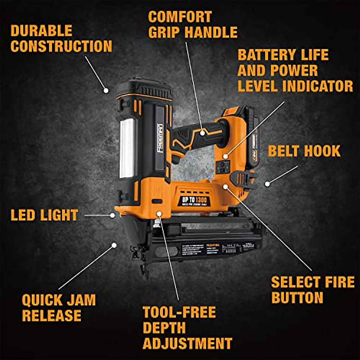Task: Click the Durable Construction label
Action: [x=61, y=39]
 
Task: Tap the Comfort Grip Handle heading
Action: [x=193, y=25]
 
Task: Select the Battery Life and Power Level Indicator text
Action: [x=295, y=71]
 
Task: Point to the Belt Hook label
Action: [x=304, y=151]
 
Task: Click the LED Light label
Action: [x=44, y=215]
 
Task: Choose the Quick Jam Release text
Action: [x=59, y=307]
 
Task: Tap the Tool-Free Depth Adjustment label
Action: [x=187, y=328]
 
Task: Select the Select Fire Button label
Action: [x=313, y=290]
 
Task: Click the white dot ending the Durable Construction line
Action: [x=106, y=90]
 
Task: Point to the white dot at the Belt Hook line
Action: [x=267, y=184]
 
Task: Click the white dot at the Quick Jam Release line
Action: [x=114, y=245]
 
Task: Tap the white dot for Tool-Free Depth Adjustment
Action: [x=159, y=214]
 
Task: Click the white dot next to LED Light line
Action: [x=112, y=215]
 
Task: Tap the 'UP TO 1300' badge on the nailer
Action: [x=194, y=201]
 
